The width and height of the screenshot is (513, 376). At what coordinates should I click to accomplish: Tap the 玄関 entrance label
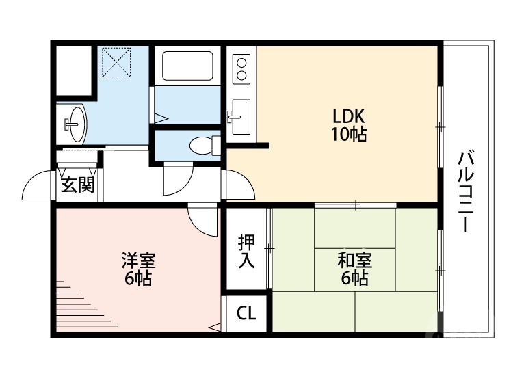click(77, 184)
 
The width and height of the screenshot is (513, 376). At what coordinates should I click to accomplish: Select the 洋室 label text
click(138, 260)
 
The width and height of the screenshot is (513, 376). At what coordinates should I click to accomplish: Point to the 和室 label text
click(355, 260)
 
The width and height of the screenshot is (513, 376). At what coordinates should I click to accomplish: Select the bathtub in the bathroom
click(188, 66)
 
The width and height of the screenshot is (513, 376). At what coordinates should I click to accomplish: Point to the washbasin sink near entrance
click(75, 122)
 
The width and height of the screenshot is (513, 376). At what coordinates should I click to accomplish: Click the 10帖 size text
click(349, 135)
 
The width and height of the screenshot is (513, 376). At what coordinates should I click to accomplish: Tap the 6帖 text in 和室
click(355, 278)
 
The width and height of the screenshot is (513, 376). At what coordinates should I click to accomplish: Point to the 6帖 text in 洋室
click(138, 278)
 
